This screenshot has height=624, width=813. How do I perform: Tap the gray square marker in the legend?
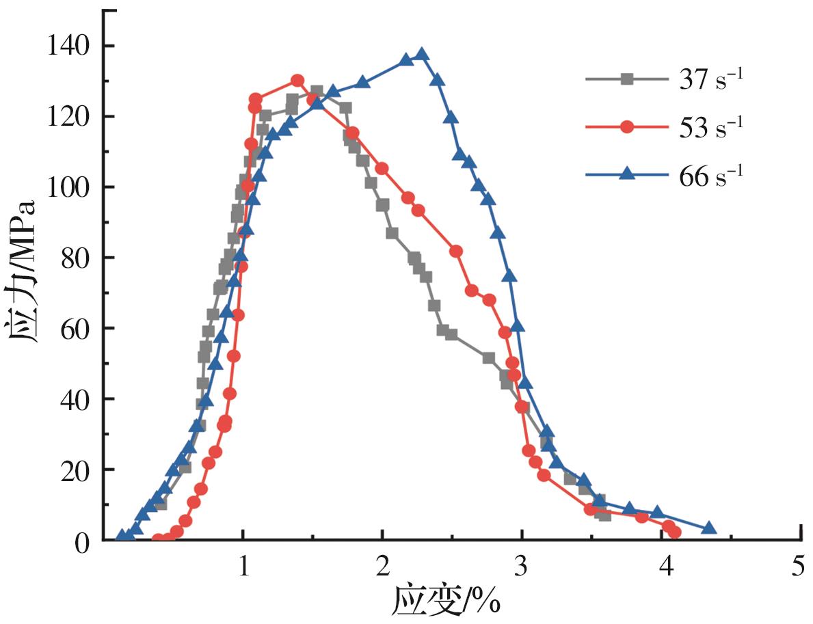pyautogui.click(x=626, y=79)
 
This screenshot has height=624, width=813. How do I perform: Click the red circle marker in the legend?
pyautogui.click(x=626, y=127)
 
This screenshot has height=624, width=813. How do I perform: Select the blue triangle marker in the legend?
pyautogui.click(x=626, y=174)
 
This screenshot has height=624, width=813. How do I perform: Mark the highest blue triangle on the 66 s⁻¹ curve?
pyautogui.click(x=422, y=55)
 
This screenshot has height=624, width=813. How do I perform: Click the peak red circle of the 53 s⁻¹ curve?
pyautogui.click(x=297, y=81)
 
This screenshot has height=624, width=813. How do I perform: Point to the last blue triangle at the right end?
pyautogui.click(x=708, y=528)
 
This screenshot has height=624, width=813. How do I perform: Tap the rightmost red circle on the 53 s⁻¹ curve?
pyautogui.click(x=675, y=532)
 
